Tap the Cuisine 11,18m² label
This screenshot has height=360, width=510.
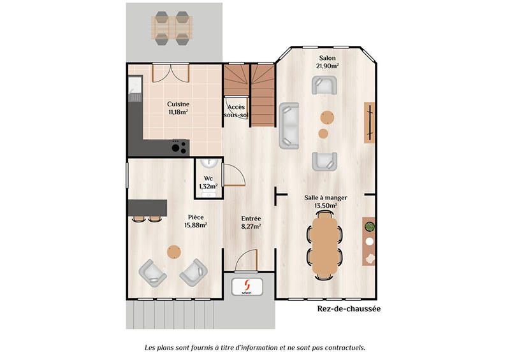(x=178, y=108)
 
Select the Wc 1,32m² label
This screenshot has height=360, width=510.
(x=208, y=182)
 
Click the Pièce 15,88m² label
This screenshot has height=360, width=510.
(x=195, y=221)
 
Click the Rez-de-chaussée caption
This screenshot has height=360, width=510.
(x=349, y=309)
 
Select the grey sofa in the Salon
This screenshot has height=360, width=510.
(x=289, y=125)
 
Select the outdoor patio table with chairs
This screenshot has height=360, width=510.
(x=171, y=27)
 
